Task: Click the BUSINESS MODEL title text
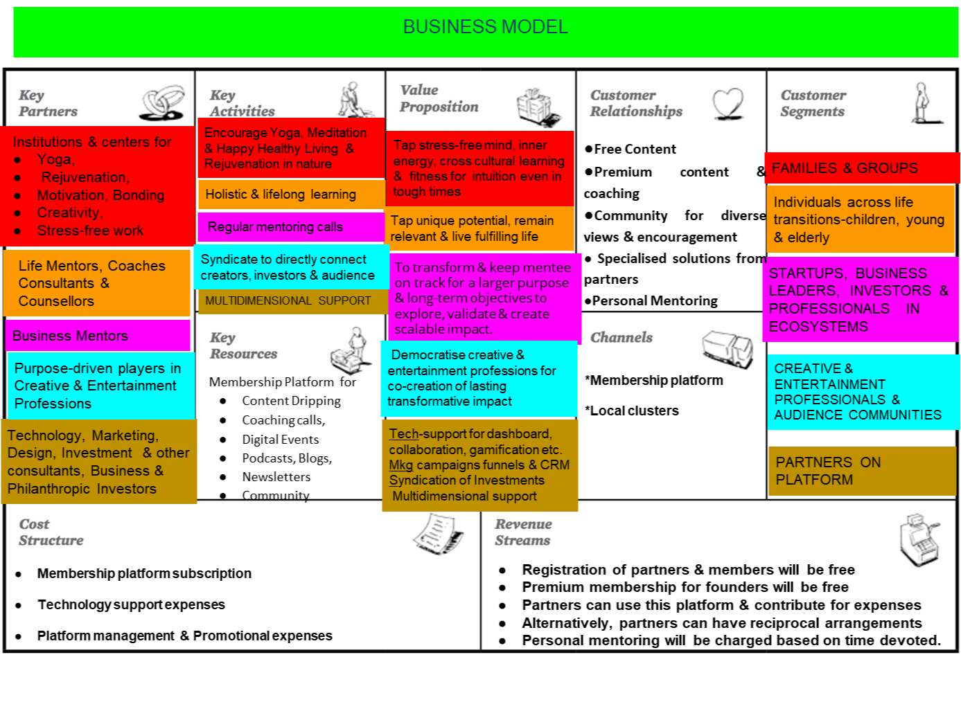pyautogui.click(x=485, y=27)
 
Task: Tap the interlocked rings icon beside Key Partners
pyautogui.click(x=163, y=103)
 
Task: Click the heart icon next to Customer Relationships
pyautogui.click(x=728, y=104)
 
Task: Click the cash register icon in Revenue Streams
pyautogui.click(x=919, y=539)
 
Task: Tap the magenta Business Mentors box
pyautogui.click(x=97, y=336)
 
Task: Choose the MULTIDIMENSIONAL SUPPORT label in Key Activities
pyautogui.click(x=288, y=301)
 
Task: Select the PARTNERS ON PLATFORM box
pyautogui.click(x=861, y=471)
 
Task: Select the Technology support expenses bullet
pyautogui.click(x=131, y=604)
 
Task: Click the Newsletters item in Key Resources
pyautogui.click(x=276, y=476)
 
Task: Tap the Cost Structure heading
pyautogui.click(x=51, y=532)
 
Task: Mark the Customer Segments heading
pyautogui.click(x=813, y=103)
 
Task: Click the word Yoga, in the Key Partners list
pyautogui.click(x=55, y=159)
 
